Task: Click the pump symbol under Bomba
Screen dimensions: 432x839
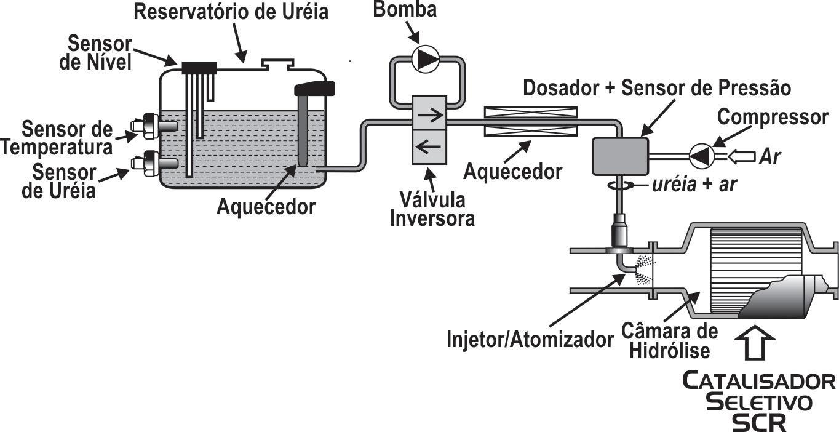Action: pyautogui.click(x=426, y=60)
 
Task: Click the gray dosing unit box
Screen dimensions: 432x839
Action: pyautogui.click(x=620, y=156)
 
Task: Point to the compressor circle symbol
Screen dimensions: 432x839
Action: pyautogui.click(x=701, y=156)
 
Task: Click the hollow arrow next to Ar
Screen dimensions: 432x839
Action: pyautogui.click(x=740, y=157)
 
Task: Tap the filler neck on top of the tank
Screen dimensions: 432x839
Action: pyautogui.click(x=277, y=63)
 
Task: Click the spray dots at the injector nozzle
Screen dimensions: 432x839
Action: pyautogui.click(x=643, y=270)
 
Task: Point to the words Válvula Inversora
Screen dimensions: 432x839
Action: pyautogui.click(x=432, y=210)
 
